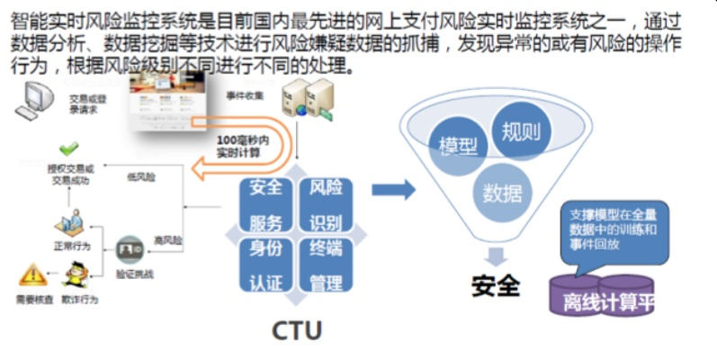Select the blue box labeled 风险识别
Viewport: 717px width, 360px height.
[325, 205]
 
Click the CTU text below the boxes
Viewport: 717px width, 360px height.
[296, 330]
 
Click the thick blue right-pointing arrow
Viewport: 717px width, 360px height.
[393, 190]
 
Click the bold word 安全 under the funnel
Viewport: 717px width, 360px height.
[496, 285]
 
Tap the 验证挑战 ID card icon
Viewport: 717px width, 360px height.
[130, 245]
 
